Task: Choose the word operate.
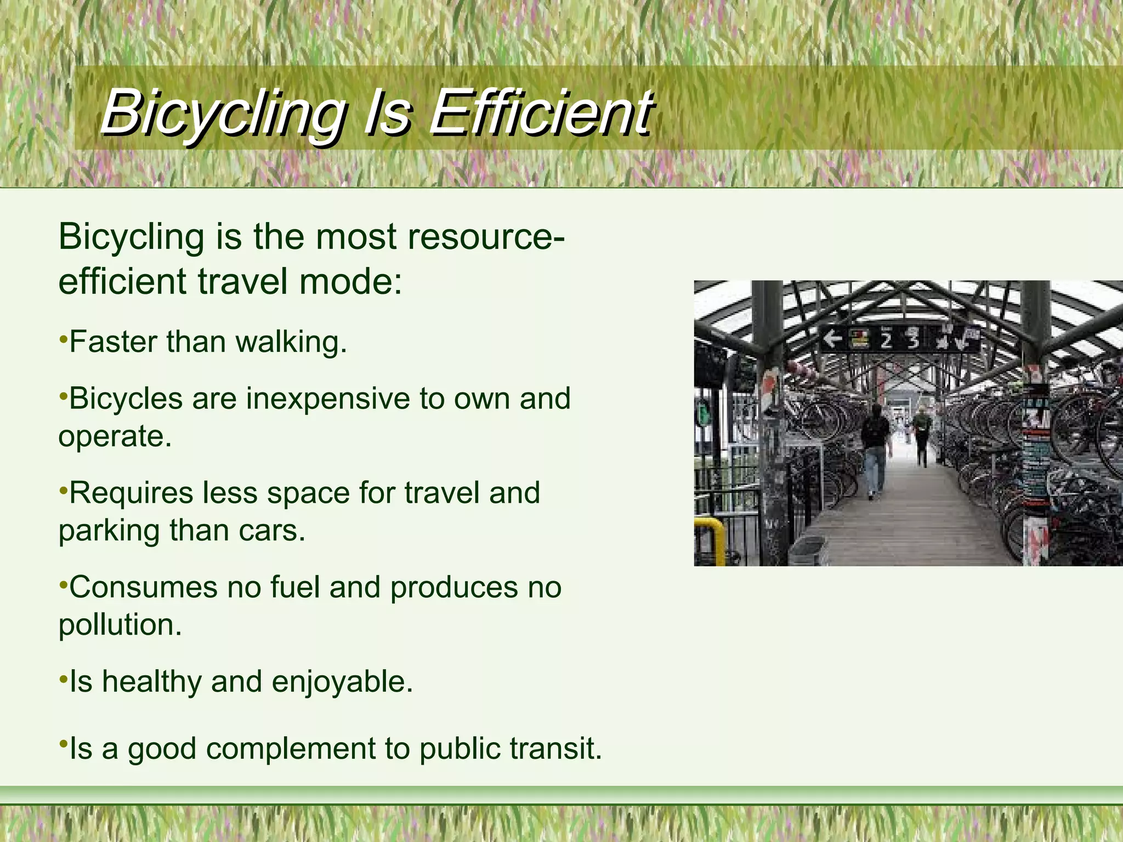115,437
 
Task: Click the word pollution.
120,625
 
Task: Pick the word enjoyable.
341,682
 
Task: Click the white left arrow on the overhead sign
833,339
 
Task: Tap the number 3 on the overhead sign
912,340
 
